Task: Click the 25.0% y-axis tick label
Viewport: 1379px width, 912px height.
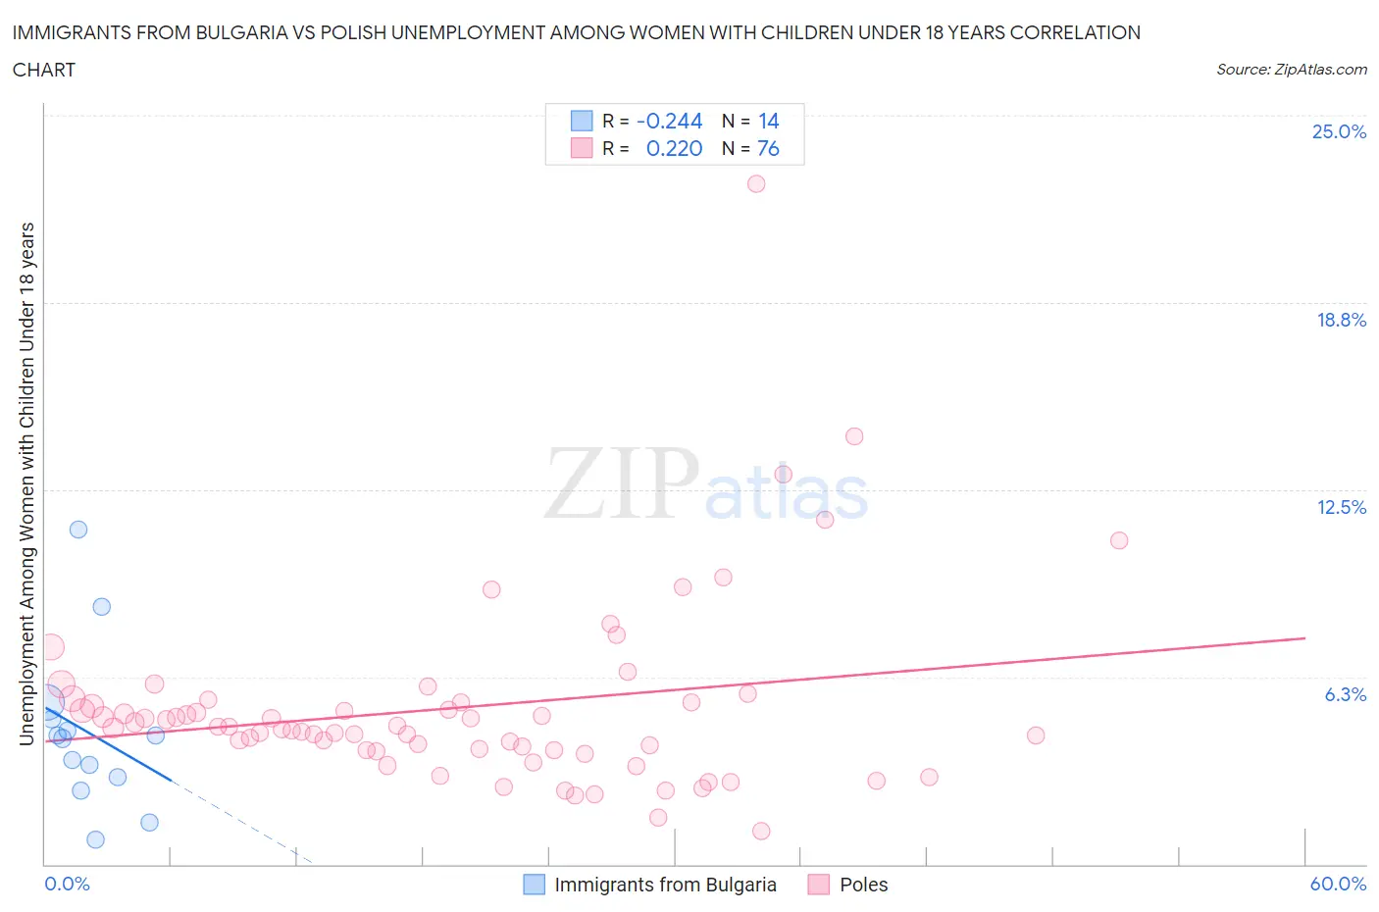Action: (1339, 132)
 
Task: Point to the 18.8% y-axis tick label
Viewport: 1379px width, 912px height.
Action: (1341, 320)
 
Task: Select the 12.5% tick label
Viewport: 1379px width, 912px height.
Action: (1341, 507)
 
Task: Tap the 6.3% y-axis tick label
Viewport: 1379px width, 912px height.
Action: (1345, 694)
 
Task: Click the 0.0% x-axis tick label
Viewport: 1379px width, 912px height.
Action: (67, 884)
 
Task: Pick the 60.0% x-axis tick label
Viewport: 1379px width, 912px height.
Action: (1338, 884)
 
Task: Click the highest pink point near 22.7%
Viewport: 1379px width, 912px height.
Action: (756, 183)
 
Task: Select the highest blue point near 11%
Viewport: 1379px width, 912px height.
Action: (78, 530)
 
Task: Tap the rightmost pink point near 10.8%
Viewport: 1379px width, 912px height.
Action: (1119, 540)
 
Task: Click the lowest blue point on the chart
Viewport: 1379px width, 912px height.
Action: (95, 839)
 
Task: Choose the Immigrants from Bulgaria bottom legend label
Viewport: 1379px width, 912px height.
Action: (665, 885)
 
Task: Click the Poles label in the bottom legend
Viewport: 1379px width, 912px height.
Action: (863, 885)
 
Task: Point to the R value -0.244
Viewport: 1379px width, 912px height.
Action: (670, 121)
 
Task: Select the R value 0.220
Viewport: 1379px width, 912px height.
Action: (674, 148)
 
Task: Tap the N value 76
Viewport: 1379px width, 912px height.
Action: (768, 148)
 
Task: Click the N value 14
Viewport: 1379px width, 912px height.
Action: (768, 121)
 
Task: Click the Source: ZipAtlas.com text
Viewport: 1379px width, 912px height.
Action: (1291, 70)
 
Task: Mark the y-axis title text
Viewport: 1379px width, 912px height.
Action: (27, 483)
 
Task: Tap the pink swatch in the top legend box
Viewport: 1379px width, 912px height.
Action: (582, 148)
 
